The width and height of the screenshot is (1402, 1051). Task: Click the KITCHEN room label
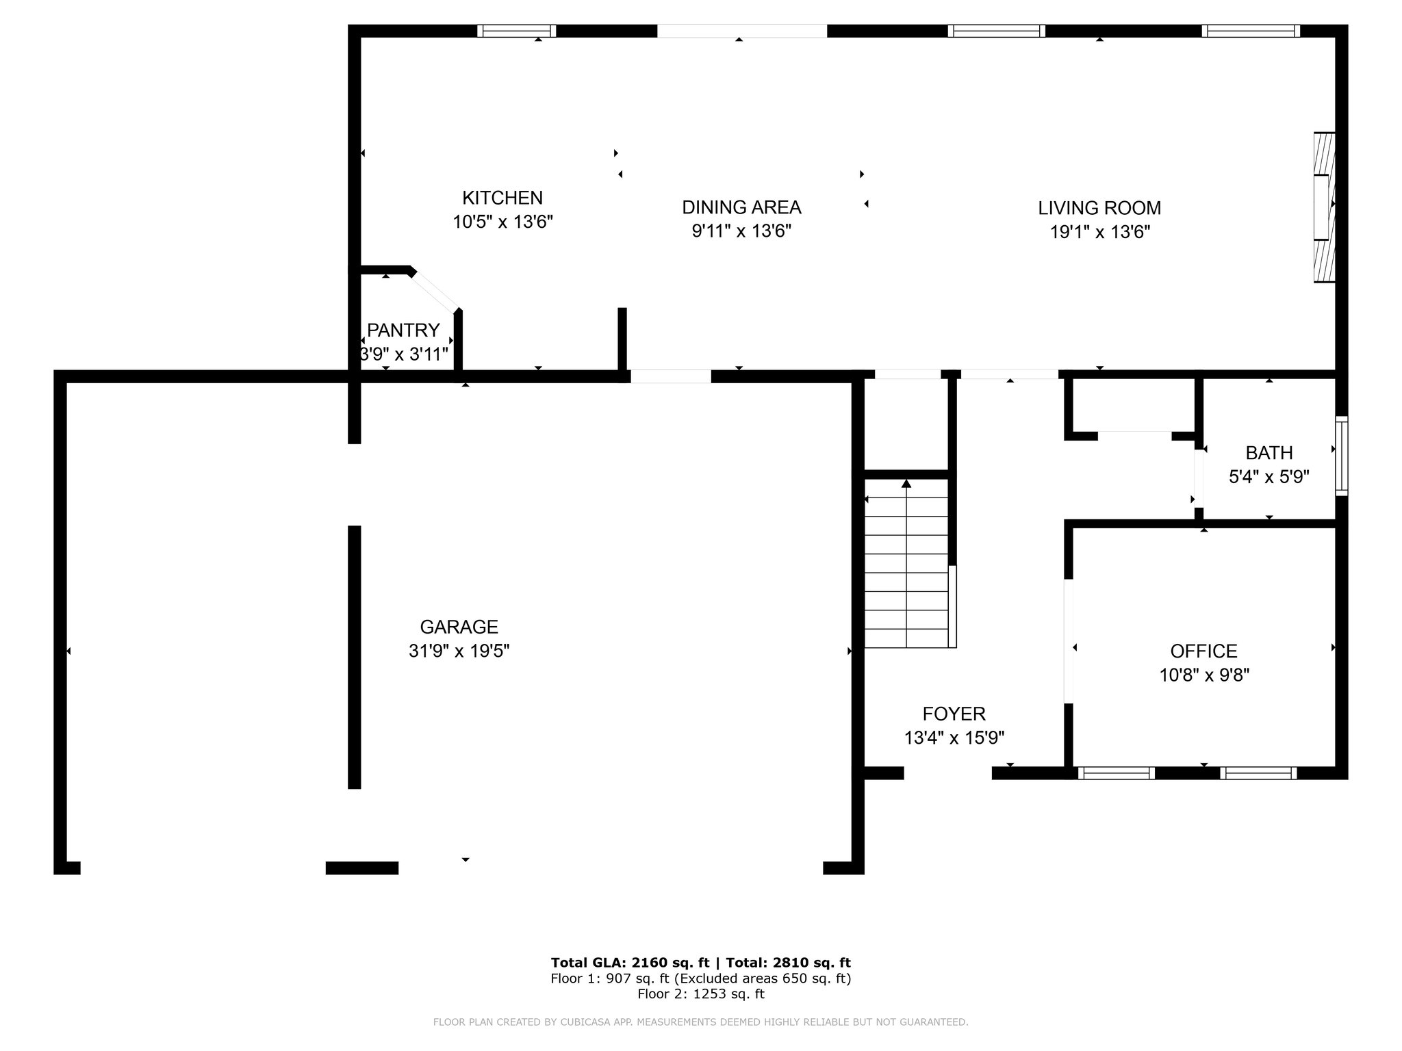click(x=502, y=198)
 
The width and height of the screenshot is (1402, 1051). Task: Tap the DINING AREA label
click(x=741, y=207)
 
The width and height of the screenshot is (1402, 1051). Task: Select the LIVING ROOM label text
click(x=1099, y=208)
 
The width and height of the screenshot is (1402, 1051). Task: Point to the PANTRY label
click(x=403, y=330)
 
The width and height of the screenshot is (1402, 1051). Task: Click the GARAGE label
click(x=459, y=627)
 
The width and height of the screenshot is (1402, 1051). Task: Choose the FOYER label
click(x=954, y=714)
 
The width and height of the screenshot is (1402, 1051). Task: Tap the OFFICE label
click(x=1203, y=651)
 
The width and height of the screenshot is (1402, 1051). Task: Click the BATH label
click(x=1269, y=453)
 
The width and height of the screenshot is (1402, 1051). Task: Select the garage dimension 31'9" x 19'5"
click(x=459, y=651)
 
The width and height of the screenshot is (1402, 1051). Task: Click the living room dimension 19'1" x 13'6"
click(x=1099, y=232)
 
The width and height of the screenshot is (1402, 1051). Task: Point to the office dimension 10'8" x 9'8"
click(x=1204, y=675)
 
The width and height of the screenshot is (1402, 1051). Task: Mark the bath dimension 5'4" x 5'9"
click(x=1269, y=477)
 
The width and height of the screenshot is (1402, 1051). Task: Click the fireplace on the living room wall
click(x=1325, y=207)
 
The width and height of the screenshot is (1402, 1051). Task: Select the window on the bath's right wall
click(x=1342, y=456)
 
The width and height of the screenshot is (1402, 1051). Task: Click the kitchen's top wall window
click(x=516, y=31)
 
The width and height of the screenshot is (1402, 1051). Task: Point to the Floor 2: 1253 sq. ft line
click(x=701, y=994)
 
